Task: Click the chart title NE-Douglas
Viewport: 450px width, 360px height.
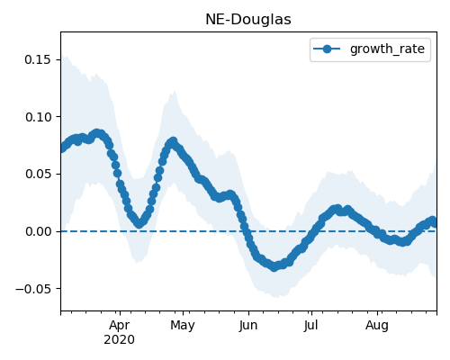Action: point(248,20)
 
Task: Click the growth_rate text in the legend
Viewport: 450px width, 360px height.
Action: point(387,49)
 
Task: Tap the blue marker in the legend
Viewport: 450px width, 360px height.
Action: point(327,49)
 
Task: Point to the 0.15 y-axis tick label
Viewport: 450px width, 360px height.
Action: point(38,59)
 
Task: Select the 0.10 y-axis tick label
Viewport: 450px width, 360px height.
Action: point(38,117)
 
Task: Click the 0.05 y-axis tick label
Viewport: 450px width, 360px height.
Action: point(38,175)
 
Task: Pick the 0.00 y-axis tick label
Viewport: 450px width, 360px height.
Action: point(38,231)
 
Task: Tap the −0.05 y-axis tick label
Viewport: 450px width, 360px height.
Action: point(33,289)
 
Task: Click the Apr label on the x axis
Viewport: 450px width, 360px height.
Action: point(120,325)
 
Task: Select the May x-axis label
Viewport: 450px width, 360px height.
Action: point(183,325)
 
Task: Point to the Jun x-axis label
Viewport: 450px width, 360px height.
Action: point(248,325)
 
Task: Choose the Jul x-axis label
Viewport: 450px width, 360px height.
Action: point(310,325)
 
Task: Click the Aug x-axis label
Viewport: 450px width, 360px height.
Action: point(377,325)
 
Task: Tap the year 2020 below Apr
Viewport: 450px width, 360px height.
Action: point(120,339)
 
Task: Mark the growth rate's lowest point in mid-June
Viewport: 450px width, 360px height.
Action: point(274,267)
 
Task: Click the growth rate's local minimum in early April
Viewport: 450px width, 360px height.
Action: point(139,224)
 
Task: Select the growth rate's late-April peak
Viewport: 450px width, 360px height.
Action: point(173,141)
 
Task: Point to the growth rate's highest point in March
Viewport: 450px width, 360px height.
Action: point(96,133)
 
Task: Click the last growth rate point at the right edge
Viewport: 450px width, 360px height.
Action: point(435,223)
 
